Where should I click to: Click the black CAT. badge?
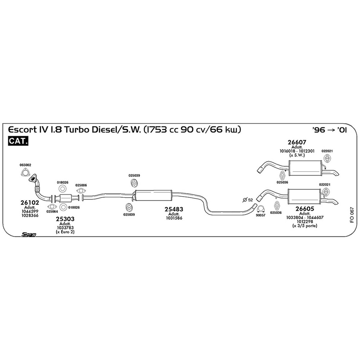pyautogui.click(x=18, y=141)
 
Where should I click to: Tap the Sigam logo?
pyautogui.click(x=29, y=235)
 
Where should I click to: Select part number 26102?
pyautogui.click(x=30, y=202)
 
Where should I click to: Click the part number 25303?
pyautogui.click(x=65, y=219)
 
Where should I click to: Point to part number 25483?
pyautogui.click(x=174, y=209)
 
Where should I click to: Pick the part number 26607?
pyautogui.click(x=297, y=142)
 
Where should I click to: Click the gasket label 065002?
pyautogui.click(x=25, y=165)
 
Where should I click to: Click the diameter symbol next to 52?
pyautogui.click(x=245, y=200)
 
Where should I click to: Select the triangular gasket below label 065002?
pyautogui.click(x=25, y=172)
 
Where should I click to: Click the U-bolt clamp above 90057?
pyautogui.click(x=261, y=209)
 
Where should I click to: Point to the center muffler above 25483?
pyautogui.click(x=153, y=195)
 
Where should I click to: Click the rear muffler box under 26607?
pyautogui.click(x=305, y=168)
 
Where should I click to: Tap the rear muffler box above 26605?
pyautogui.click(x=304, y=196)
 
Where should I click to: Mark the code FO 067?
pyautogui.click(x=352, y=215)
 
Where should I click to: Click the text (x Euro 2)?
pyautogui.click(x=65, y=232)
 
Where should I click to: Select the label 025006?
pyautogui.click(x=81, y=185)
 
